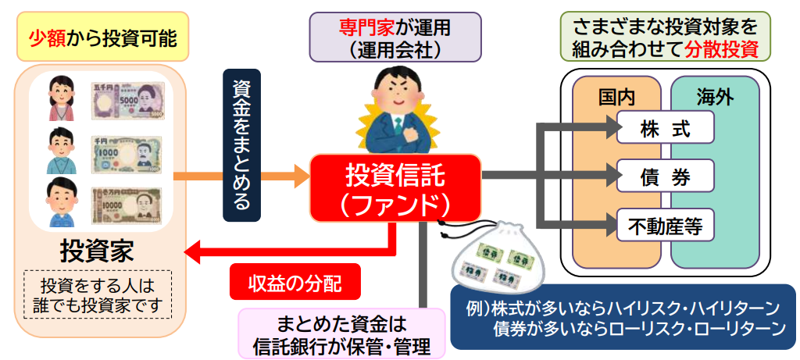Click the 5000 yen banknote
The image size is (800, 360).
click(x=128, y=101)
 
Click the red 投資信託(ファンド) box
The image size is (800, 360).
click(x=395, y=187)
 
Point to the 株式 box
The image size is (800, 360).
click(x=665, y=128)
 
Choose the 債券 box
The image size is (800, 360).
click(x=665, y=176)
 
